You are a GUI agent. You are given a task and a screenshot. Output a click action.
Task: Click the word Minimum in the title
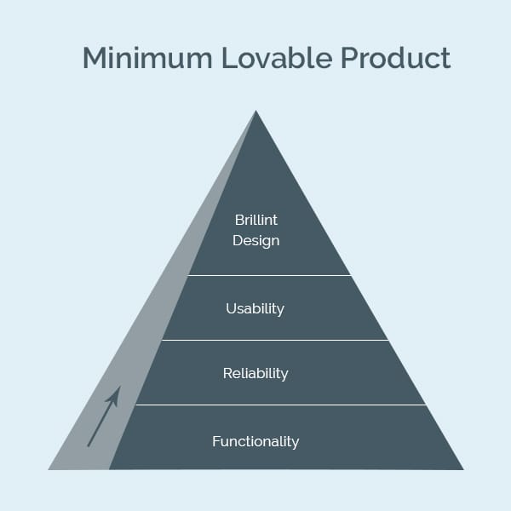147,58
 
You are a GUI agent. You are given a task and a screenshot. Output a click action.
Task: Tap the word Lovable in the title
277,57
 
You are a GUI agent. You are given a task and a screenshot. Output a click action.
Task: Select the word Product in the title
396,57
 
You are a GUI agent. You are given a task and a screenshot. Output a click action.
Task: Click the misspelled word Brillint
255,220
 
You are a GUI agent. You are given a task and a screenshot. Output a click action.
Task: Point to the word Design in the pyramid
255,241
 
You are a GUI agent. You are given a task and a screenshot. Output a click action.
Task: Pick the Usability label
255,308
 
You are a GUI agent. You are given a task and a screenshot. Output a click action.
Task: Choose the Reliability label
255,374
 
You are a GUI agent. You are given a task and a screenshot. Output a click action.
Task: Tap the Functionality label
255,441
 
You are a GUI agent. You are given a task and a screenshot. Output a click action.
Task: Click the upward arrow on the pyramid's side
104,416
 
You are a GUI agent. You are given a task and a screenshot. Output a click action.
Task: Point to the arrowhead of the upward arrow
115,395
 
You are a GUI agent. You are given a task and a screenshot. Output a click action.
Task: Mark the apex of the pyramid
255,111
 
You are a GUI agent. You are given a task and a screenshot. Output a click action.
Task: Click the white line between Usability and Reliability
275,340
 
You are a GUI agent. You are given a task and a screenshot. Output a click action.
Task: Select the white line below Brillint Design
269,275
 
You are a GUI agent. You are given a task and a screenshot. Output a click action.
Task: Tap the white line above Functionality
281,405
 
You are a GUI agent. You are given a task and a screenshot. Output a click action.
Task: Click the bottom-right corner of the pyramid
463,469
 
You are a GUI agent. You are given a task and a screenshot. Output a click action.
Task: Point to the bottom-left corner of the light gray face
49,469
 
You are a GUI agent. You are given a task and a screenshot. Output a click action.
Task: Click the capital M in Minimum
95,58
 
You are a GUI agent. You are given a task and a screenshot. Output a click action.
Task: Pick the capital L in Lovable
229,58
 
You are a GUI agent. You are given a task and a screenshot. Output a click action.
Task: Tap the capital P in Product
349,58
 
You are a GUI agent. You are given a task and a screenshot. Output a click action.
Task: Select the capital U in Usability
231,308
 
